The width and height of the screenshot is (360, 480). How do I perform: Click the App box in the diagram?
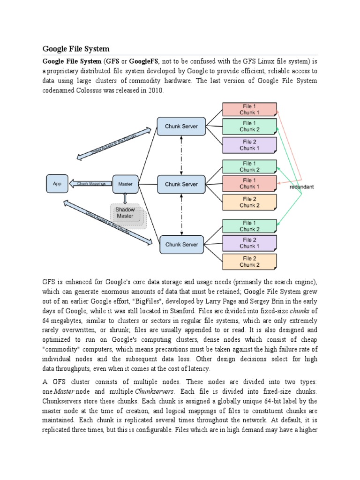click(57, 184)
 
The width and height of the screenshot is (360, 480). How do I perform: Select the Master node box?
click(125, 184)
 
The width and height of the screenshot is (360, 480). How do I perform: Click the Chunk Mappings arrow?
click(90, 184)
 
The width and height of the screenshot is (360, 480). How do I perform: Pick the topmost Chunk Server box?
click(181, 126)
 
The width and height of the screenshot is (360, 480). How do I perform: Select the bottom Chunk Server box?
click(181, 245)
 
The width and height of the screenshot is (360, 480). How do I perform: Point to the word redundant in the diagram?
click(301, 187)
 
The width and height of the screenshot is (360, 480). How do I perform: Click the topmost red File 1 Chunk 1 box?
click(249, 109)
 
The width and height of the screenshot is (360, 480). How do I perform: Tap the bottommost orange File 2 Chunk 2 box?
click(249, 262)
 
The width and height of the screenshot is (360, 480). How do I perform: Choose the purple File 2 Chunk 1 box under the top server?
click(249, 145)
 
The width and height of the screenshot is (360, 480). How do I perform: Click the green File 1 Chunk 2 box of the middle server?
click(249, 166)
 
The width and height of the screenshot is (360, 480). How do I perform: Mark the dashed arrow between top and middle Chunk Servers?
click(181, 155)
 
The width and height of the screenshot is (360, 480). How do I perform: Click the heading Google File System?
click(76, 49)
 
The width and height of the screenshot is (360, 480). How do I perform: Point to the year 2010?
click(156, 90)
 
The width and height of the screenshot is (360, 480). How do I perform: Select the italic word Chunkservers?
click(155, 391)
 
